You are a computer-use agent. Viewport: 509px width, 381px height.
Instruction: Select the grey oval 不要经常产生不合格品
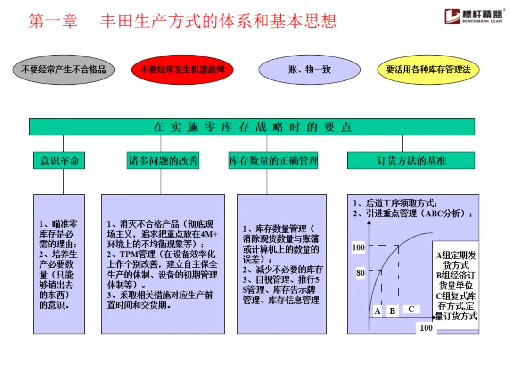(63, 70)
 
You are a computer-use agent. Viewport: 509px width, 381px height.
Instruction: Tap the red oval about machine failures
(182, 70)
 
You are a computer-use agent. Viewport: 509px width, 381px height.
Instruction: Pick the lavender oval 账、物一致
(310, 70)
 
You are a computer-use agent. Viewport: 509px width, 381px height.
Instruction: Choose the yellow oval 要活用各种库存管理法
(428, 70)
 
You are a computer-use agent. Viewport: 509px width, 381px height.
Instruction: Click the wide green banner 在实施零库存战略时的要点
(252, 127)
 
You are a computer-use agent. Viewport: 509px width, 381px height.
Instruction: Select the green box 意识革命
(59, 160)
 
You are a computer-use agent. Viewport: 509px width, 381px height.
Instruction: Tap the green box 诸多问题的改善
(163, 160)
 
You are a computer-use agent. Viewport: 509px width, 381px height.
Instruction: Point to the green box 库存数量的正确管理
(273, 160)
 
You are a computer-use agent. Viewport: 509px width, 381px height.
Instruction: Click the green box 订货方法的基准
(411, 160)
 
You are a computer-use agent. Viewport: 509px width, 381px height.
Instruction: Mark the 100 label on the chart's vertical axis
(358, 247)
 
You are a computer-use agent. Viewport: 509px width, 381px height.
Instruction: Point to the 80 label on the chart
(361, 272)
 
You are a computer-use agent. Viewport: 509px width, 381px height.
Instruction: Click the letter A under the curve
(377, 311)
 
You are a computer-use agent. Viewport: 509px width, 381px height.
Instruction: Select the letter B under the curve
(392, 311)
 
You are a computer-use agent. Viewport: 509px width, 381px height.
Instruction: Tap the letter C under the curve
(411, 309)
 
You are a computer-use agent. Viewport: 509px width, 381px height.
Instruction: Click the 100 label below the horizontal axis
(426, 327)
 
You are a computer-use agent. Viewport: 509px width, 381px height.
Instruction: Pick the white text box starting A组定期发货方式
(456, 286)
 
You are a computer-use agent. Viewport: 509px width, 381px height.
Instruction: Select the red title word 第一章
(53, 21)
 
